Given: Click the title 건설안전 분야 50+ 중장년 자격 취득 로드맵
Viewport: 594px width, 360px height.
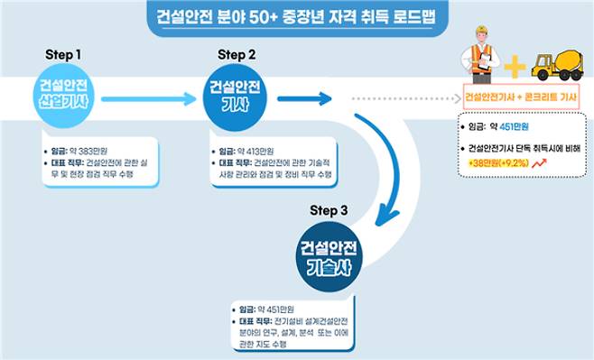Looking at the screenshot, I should point(296,18).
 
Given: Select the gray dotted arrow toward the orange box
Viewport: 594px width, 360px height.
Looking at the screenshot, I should point(402,97).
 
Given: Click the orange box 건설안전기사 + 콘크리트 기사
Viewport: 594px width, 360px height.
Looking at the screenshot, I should point(521,96).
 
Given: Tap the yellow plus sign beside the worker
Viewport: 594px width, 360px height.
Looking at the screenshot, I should point(514,66).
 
